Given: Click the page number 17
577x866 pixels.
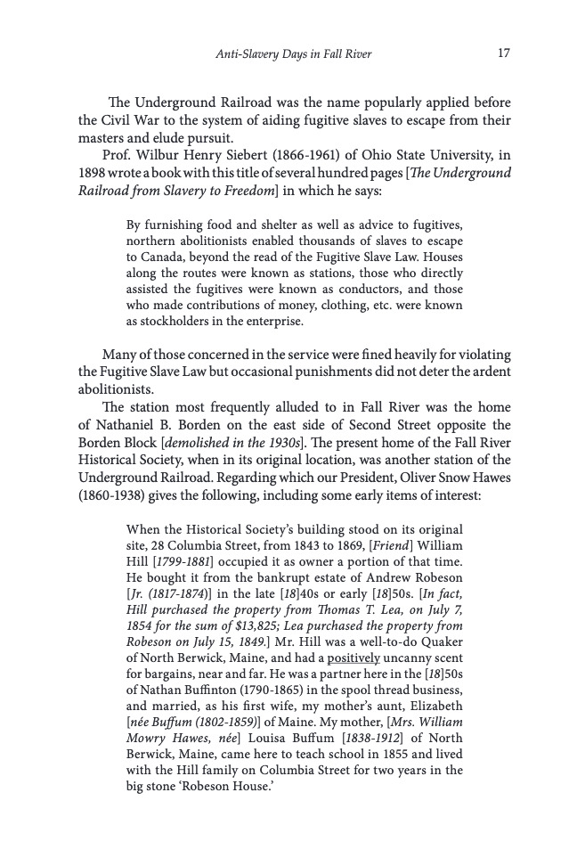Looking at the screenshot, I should [503, 54].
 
